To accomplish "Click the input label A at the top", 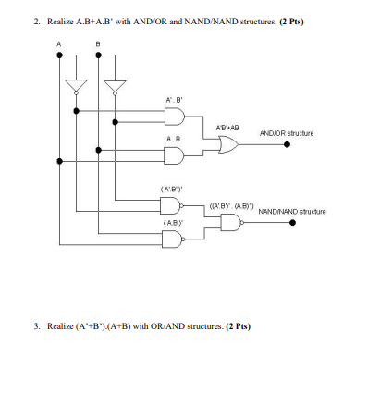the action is pos(59,44).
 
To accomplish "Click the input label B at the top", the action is pos(98,44).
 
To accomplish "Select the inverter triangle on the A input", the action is pos(76,86).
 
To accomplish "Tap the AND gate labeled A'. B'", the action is pos(175,117).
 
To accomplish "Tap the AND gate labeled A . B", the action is pos(175,155).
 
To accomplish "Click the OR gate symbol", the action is pos(228,144).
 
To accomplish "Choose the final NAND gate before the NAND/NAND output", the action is pos(232,223).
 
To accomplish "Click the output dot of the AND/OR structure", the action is pos(287,144).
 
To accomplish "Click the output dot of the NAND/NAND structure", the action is pos(293,222).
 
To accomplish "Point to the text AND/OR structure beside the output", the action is pos(287,133).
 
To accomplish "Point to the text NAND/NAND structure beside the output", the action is pos(292,212).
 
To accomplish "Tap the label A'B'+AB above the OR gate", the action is pos(227,128).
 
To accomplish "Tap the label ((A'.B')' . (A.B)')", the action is pos(232,205).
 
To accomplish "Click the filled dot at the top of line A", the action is pos(59,55).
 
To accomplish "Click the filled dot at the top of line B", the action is pos(98,55).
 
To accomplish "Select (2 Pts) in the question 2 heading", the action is pos(291,22).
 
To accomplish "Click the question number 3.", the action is pos(37,326).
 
